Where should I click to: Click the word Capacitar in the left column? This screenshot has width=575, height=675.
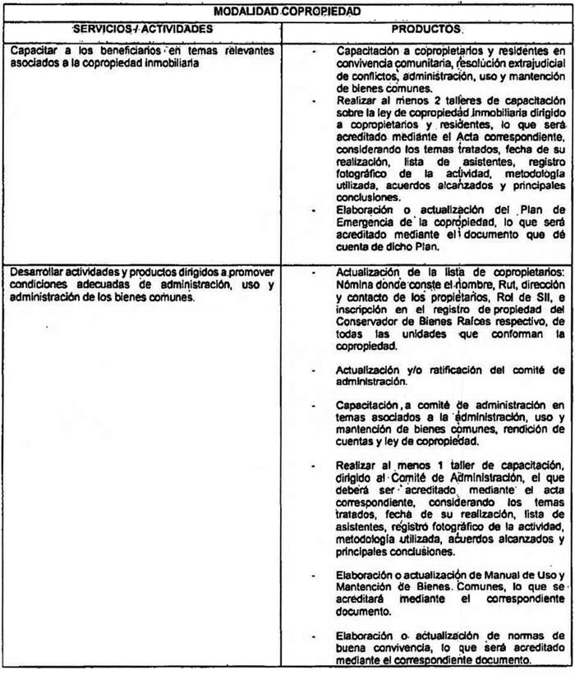[35, 51]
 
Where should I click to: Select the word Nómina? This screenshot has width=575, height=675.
[356, 282]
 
